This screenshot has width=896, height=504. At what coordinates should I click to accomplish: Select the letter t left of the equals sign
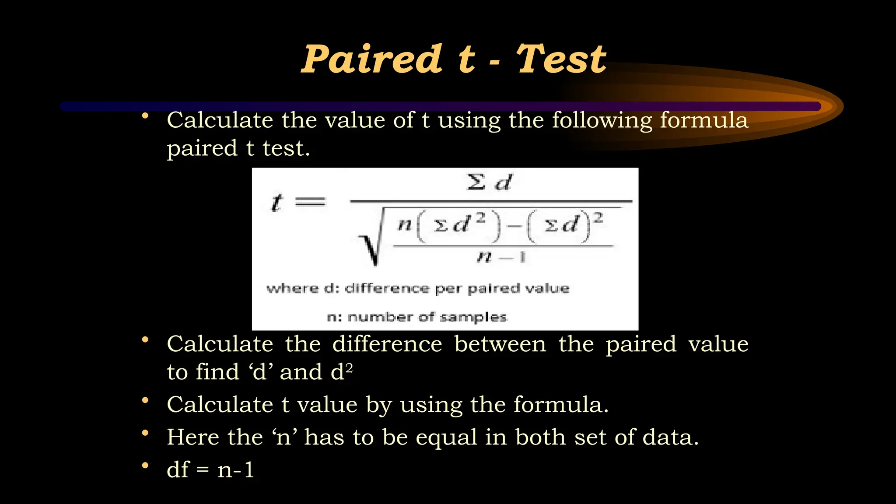276,202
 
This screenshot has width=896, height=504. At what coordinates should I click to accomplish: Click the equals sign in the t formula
311,202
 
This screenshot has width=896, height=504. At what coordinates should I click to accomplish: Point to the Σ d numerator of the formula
489,182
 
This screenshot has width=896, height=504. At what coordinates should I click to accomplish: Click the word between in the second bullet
500,344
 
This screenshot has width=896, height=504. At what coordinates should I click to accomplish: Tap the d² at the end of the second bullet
342,372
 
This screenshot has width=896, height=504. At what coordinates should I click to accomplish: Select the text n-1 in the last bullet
236,470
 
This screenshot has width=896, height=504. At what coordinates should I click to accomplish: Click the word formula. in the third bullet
561,404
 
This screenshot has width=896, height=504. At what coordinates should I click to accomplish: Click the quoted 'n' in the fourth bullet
284,437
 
